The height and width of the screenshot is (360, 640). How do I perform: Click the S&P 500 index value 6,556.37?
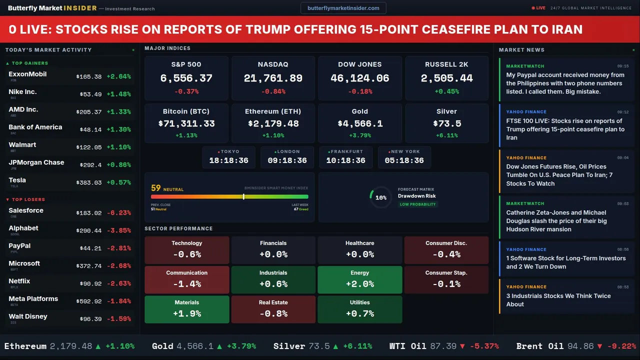coord(186,78)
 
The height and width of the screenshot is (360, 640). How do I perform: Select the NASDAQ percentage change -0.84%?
coord(273,91)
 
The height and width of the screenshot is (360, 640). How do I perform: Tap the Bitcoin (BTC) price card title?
coord(186,111)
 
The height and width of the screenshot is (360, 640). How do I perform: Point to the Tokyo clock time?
coord(228,160)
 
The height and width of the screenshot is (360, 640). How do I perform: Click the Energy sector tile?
coord(359,280)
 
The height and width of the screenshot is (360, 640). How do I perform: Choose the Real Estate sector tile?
coord(273,309)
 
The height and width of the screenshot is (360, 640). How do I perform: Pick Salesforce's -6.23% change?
coord(118,212)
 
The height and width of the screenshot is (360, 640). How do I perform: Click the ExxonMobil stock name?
coord(27,74)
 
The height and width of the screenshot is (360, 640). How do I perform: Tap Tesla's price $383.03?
coord(89,182)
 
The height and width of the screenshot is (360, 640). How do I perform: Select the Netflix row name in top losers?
coord(19,281)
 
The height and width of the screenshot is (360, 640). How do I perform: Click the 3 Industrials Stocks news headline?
coord(558,300)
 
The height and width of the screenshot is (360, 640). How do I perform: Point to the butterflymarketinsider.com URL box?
coord(343,8)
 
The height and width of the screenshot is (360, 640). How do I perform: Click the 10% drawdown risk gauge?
coord(380,197)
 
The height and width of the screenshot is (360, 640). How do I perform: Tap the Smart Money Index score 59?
coord(156,188)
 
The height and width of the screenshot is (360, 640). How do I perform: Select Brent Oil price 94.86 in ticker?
coord(580,346)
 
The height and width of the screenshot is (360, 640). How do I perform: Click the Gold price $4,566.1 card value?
coord(359,123)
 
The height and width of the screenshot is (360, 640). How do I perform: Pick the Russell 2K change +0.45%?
coord(446,91)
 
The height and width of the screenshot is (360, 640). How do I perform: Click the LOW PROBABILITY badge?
coord(417,204)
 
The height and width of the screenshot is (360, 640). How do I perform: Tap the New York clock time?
coord(404,160)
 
